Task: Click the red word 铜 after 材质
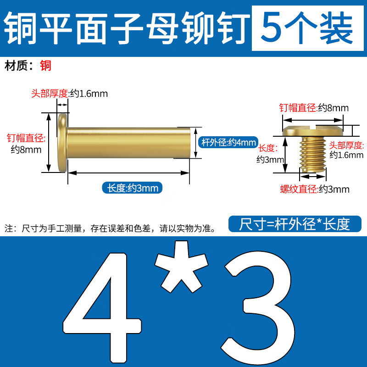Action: point(45,66)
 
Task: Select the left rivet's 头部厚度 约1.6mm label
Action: point(69,94)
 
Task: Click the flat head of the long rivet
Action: point(62,143)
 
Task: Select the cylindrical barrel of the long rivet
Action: point(128,143)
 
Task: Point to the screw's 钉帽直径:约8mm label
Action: point(314,108)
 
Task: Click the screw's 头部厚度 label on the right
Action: point(347,150)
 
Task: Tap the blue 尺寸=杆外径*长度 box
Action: point(295,224)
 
